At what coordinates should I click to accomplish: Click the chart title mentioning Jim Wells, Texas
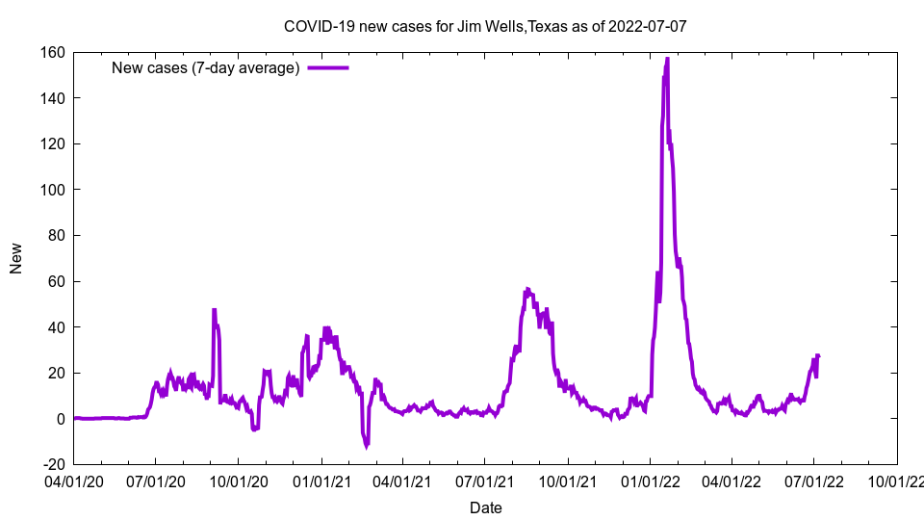click(485, 26)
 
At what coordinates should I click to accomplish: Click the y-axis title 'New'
click(16, 258)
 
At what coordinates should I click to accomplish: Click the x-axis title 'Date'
click(485, 507)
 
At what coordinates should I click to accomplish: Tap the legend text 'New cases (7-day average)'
click(205, 67)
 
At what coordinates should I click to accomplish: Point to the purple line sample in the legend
click(328, 67)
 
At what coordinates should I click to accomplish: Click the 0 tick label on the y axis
click(60, 419)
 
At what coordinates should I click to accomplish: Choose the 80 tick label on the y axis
click(56, 236)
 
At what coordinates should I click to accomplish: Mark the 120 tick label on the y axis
click(52, 144)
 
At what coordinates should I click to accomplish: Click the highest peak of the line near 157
click(667, 59)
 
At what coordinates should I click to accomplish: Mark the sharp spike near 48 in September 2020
click(214, 310)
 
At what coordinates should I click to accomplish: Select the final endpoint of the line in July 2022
click(818, 356)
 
